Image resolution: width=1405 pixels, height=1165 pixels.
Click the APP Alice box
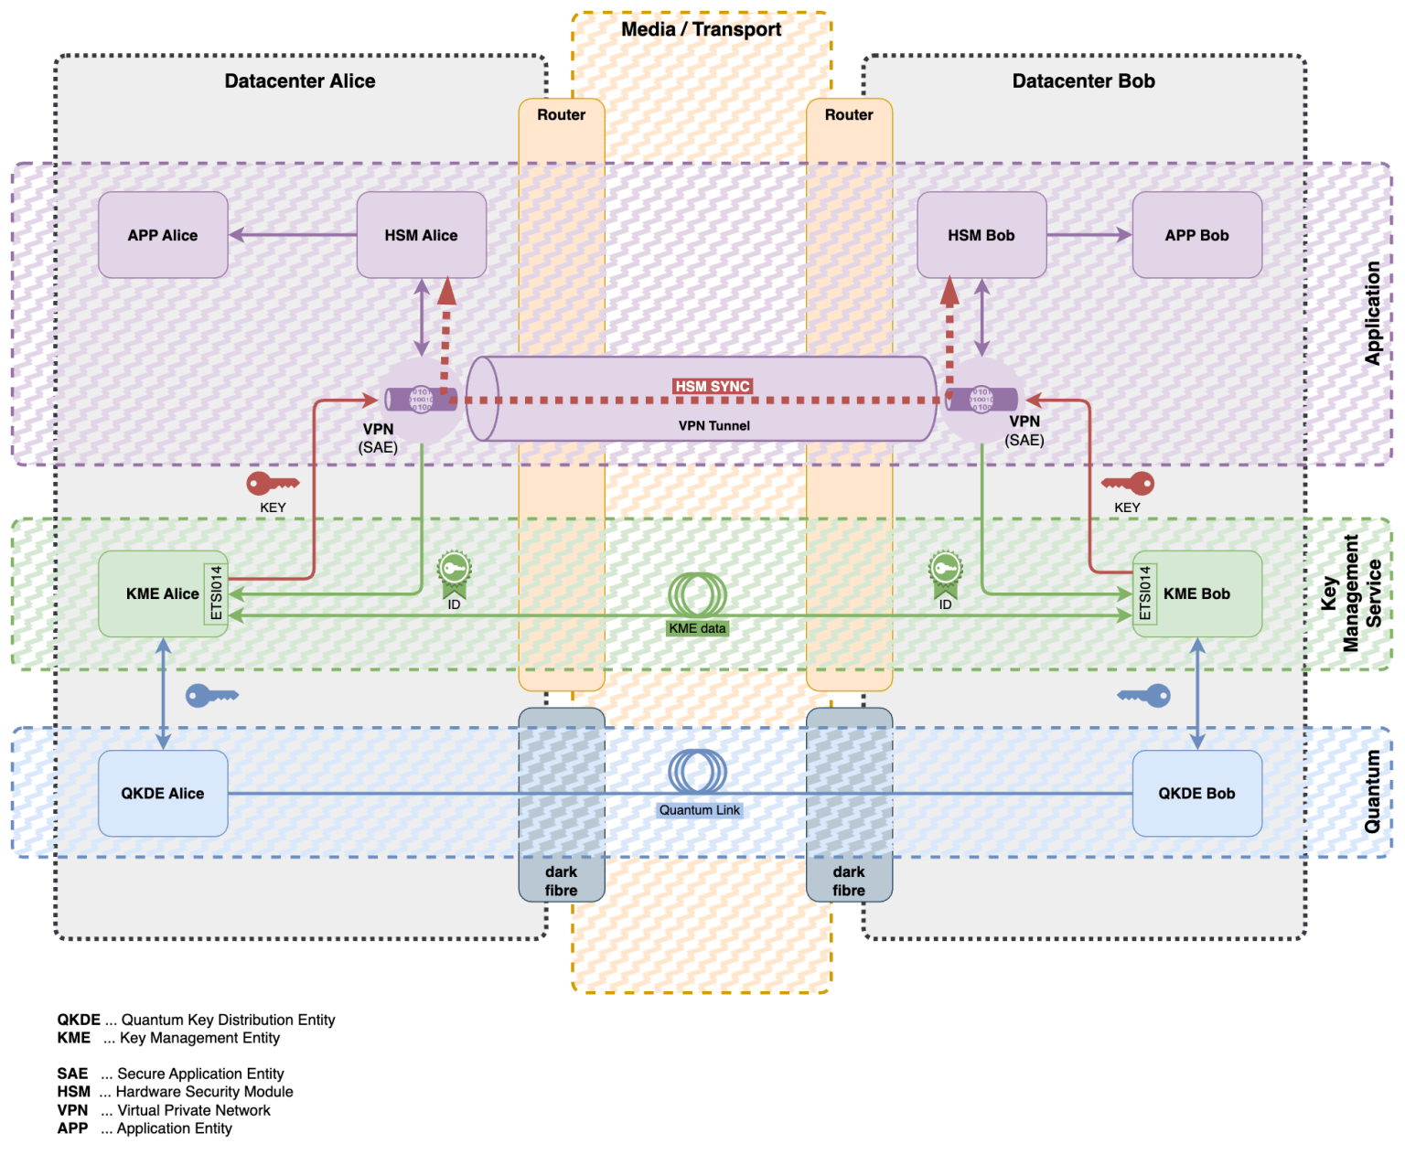(163, 235)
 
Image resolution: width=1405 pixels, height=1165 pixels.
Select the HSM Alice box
(421, 235)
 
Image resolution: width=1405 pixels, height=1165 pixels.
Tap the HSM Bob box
(981, 235)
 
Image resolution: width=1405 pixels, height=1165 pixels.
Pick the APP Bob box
(1196, 235)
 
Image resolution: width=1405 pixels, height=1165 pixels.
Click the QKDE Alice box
(163, 793)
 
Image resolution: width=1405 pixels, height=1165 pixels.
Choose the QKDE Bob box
(1196, 793)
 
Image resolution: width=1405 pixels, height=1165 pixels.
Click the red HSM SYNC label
(713, 386)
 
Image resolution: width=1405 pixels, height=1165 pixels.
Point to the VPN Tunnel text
(713, 425)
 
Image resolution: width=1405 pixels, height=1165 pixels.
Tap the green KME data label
(697, 628)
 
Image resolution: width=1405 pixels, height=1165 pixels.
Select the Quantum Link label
(700, 810)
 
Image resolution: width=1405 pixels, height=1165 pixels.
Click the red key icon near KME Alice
(272, 484)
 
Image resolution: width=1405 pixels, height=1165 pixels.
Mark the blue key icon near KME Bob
(1144, 696)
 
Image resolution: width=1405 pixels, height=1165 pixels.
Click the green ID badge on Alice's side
(454, 572)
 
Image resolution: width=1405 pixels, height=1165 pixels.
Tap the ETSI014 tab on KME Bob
(1144, 593)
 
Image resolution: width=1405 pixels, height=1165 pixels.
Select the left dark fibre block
(561, 805)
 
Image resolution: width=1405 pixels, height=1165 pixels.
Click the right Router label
(848, 114)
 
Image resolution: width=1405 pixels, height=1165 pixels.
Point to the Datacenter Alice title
(300, 80)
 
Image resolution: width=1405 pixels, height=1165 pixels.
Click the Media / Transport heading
(701, 29)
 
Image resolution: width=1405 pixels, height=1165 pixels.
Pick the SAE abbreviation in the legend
(72, 1074)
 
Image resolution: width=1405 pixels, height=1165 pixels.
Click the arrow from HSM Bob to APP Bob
(1089, 235)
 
